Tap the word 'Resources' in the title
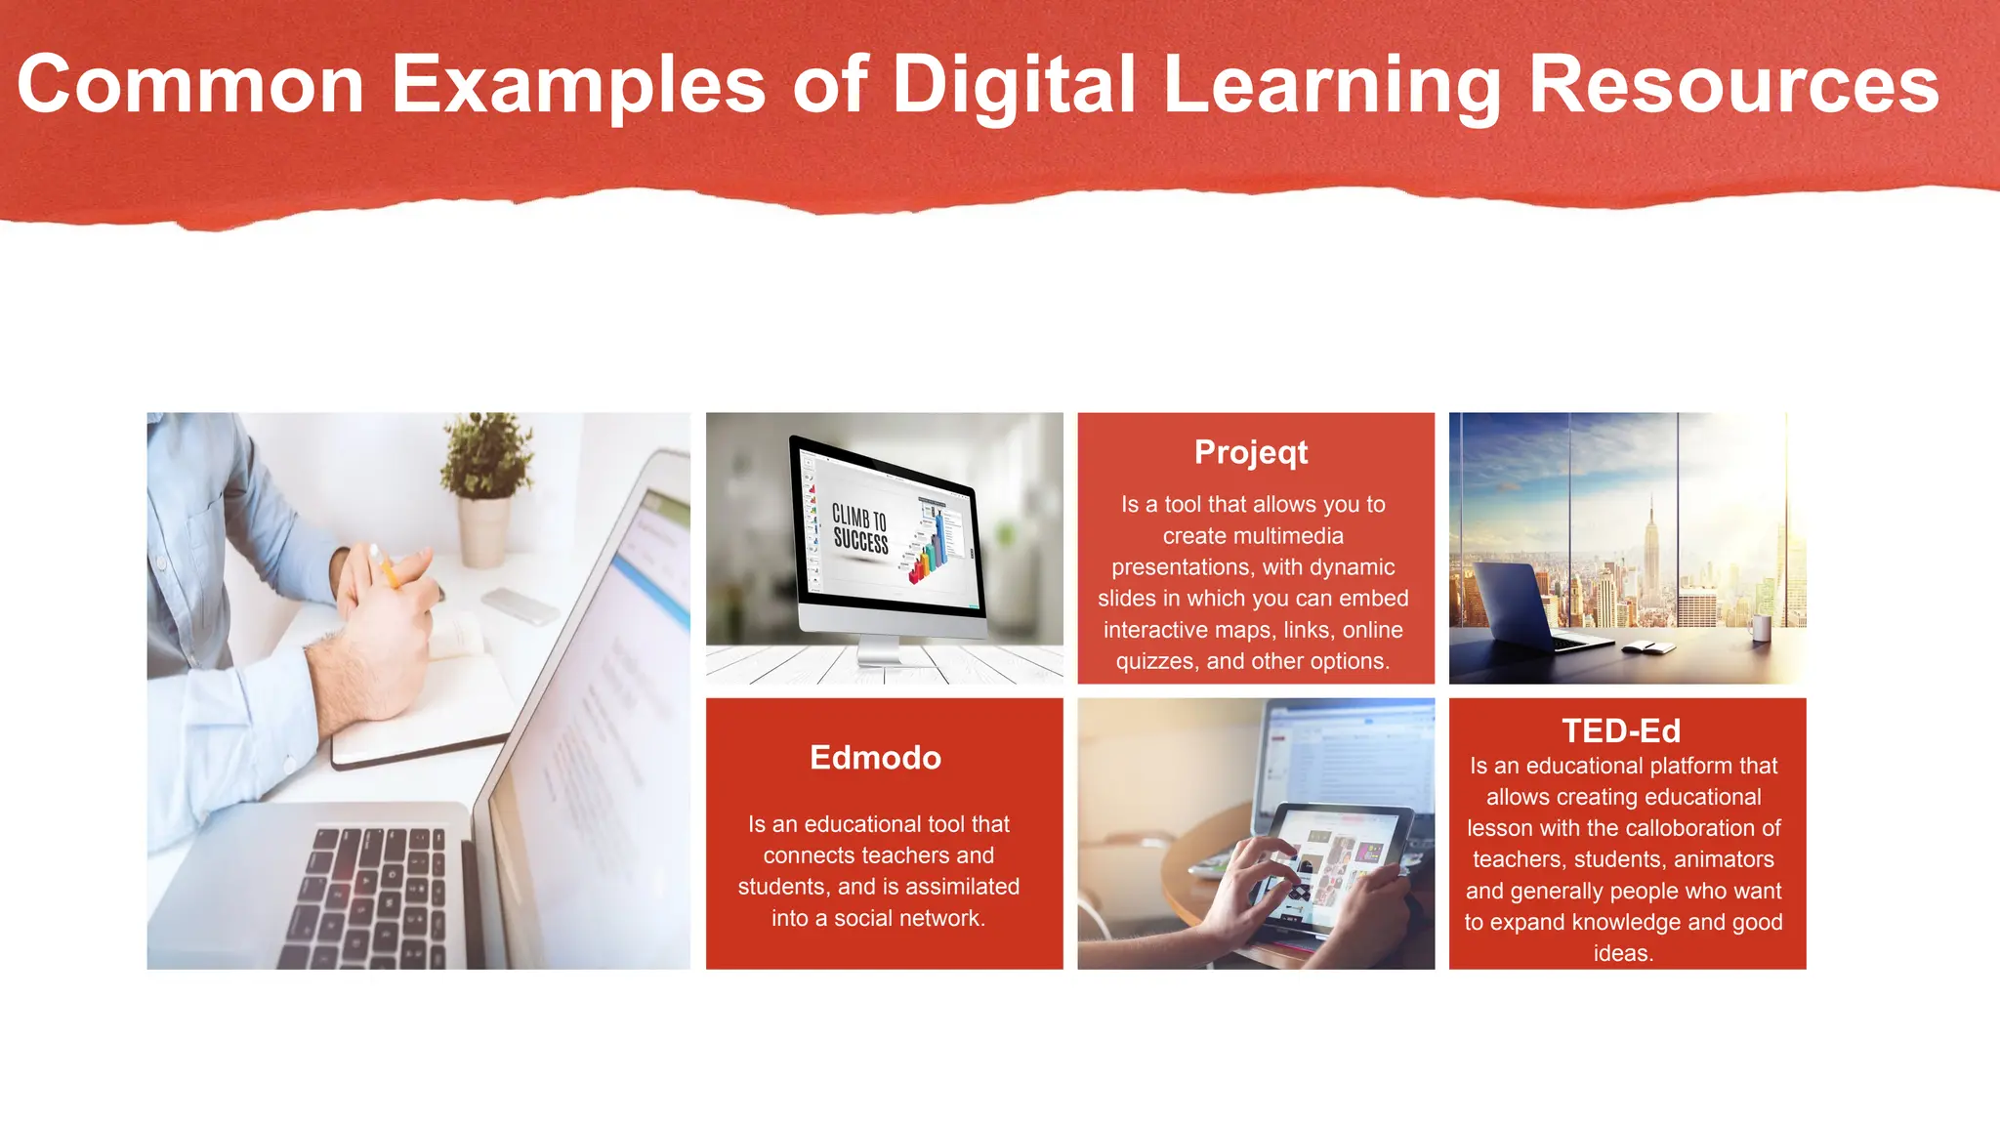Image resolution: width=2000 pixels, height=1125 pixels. pos(1733,86)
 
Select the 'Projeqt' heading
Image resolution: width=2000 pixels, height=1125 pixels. pos(1251,452)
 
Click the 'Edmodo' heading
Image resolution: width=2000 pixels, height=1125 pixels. pos(875,758)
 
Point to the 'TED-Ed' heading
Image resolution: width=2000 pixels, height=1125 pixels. pos(1621,730)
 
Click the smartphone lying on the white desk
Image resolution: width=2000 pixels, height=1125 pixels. pos(521,605)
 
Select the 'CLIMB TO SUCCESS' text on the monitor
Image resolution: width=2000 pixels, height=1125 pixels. pos(859,528)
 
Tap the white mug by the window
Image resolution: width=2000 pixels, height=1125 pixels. pos(1760,627)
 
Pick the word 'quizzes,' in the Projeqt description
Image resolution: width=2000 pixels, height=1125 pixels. pos(1157,661)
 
